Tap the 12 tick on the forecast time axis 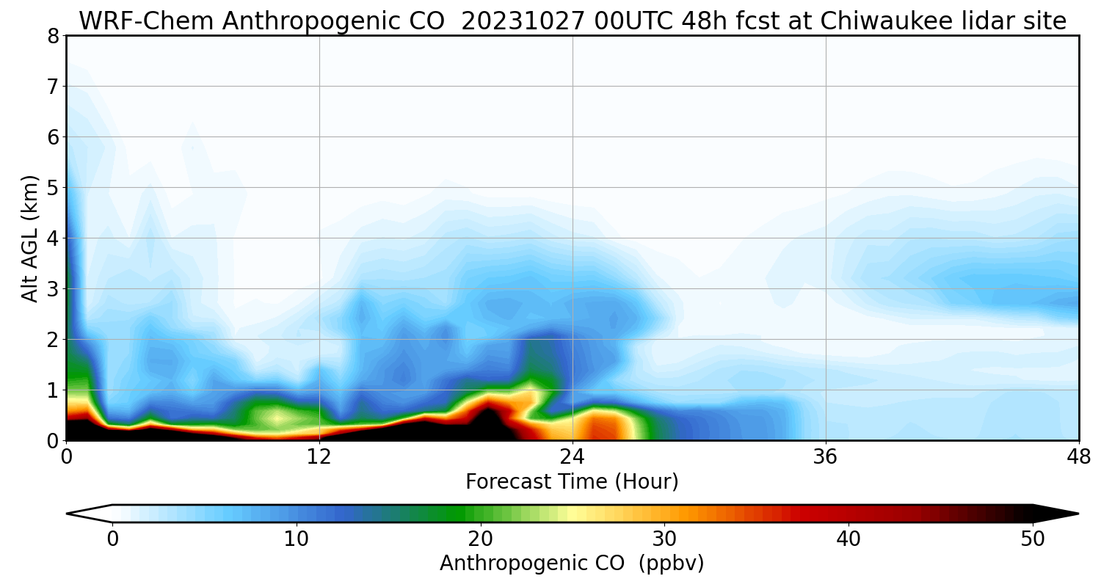tap(319, 456)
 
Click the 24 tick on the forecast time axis tap(573, 456)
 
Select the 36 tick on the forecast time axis tap(826, 456)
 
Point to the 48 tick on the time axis tap(1078, 456)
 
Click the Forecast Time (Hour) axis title tap(572, 482)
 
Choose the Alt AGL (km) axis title tap(30, 238)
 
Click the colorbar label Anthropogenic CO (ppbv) tap(572, 564)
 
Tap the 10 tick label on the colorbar tap(297, 539)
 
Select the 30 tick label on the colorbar tap(665, 539)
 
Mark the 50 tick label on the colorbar tap(1033, 539)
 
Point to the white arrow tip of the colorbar tap(87, 514)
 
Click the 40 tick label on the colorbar tap(849, 539)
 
